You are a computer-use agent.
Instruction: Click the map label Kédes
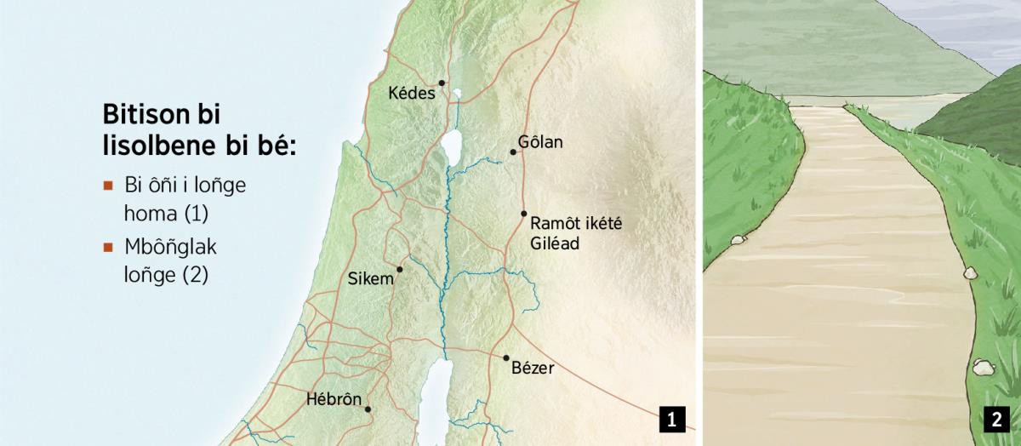(x=411, y=93)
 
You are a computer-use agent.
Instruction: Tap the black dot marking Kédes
(x=442, y=83)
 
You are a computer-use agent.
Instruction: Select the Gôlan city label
(x=539, y=142)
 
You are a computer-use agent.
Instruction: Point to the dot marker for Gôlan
(x=513, y=152)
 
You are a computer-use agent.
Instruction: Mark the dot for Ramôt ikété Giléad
(x=523, y=214)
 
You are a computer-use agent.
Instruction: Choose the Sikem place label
(x=372, y=278)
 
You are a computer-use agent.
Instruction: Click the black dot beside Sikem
(x=399, y=269)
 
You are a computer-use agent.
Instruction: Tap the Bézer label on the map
(x=533, y=369)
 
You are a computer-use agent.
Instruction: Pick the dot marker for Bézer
(x=506, y=358)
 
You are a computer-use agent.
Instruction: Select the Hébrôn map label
(x=334, y=399)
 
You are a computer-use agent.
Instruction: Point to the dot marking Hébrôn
(x=368, y=409)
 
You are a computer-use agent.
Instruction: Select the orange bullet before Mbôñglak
(x=107, y=248)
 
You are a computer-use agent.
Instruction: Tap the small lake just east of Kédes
(x=457, y=94)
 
